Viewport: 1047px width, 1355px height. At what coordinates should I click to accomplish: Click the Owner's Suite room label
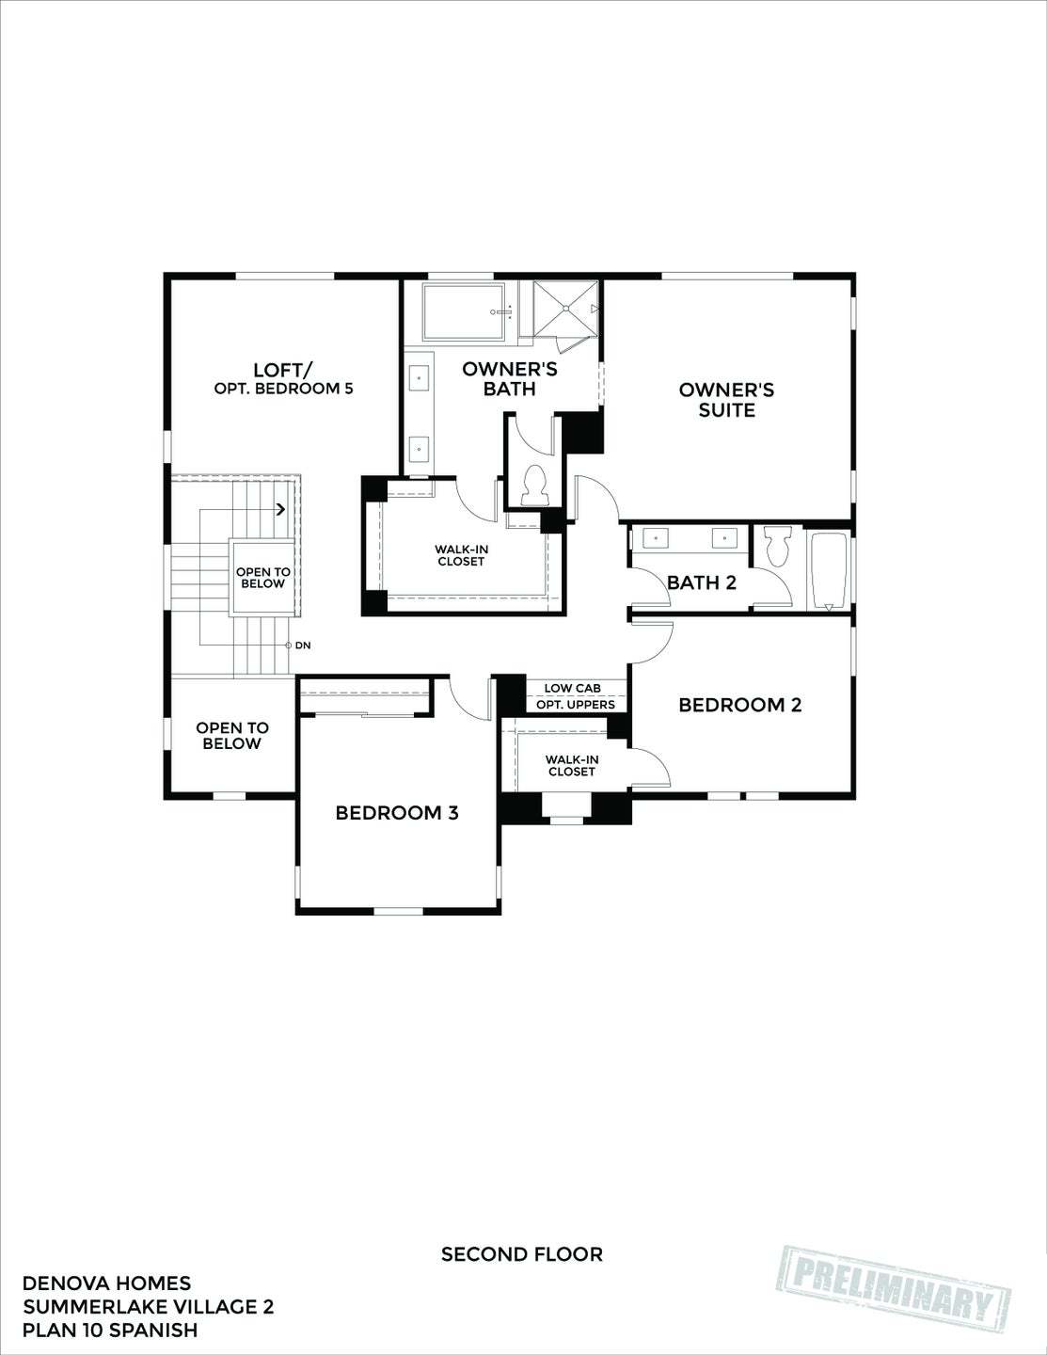pyautogui.click(x=726, y=400)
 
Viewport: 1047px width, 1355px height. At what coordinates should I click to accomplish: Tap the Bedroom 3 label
pyautogui.click(x=397, y=813)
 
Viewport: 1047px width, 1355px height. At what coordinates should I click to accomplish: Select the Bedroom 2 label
pyautogui.click(x=740, y=705)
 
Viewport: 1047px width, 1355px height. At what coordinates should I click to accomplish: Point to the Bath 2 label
pyautogui.click(x=702, y=583)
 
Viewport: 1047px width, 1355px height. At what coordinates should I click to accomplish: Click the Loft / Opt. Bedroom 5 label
pyautogui.click(x=283, y=378)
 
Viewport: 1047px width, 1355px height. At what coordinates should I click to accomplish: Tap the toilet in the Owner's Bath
pyautogui.click(x=533, y=485)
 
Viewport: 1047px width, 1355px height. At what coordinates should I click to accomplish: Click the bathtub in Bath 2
pyautogui.click(x=829, y=570)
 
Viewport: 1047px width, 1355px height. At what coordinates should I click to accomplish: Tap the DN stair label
pyautogui.click(x=302, y=646)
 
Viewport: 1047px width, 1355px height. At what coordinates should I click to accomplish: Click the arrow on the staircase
pyautogui.click(x=281, y=510)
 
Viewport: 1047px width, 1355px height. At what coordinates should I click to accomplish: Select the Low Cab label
pyautogui.click(x=572, y=689)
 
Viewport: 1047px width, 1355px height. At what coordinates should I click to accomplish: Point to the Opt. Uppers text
pyautogui.click(x=576, y=705)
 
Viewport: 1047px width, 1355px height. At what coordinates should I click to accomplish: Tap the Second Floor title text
pyautogui.click(x=522, y=1254)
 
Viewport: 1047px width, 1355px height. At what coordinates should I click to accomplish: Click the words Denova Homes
pyautogui.click(x=106, y=1283)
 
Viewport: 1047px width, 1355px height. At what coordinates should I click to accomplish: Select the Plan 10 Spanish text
pyautogui.click(x=110, y=1331)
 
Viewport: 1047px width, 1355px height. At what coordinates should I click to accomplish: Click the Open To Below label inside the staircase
pyautogui.click(x=262, y=578)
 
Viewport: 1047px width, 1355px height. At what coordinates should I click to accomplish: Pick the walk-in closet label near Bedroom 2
pyautogui.click(x=571, y=765)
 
